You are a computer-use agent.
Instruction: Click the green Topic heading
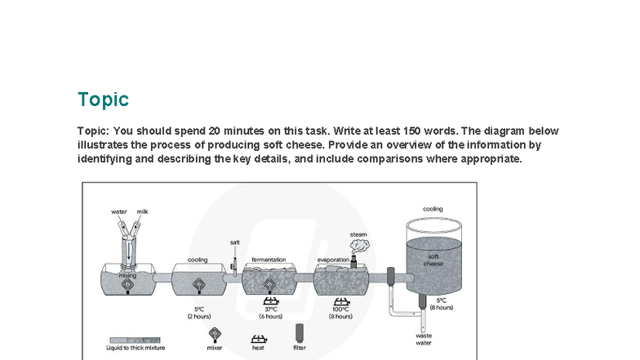pos(103,100)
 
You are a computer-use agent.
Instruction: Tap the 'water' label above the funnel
pos(119,211)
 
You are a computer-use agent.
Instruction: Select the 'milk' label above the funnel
pos(143,211)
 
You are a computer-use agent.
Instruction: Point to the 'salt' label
pos(235,242)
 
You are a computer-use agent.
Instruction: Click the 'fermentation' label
pos(269,260)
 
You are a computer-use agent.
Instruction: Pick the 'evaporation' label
pos(333,260)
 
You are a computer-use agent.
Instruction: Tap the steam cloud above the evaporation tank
pos(360,243)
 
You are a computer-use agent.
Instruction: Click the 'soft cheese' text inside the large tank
pos(433,260)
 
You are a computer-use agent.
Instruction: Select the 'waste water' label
pos(424,339)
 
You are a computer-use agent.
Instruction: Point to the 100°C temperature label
pos(339,309)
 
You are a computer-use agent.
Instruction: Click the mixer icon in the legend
pos(215,333)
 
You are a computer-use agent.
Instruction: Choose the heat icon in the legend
pos(258,335)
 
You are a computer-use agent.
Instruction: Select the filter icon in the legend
pos(299,332)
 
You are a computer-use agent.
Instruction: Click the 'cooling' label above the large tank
pos(433,209)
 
